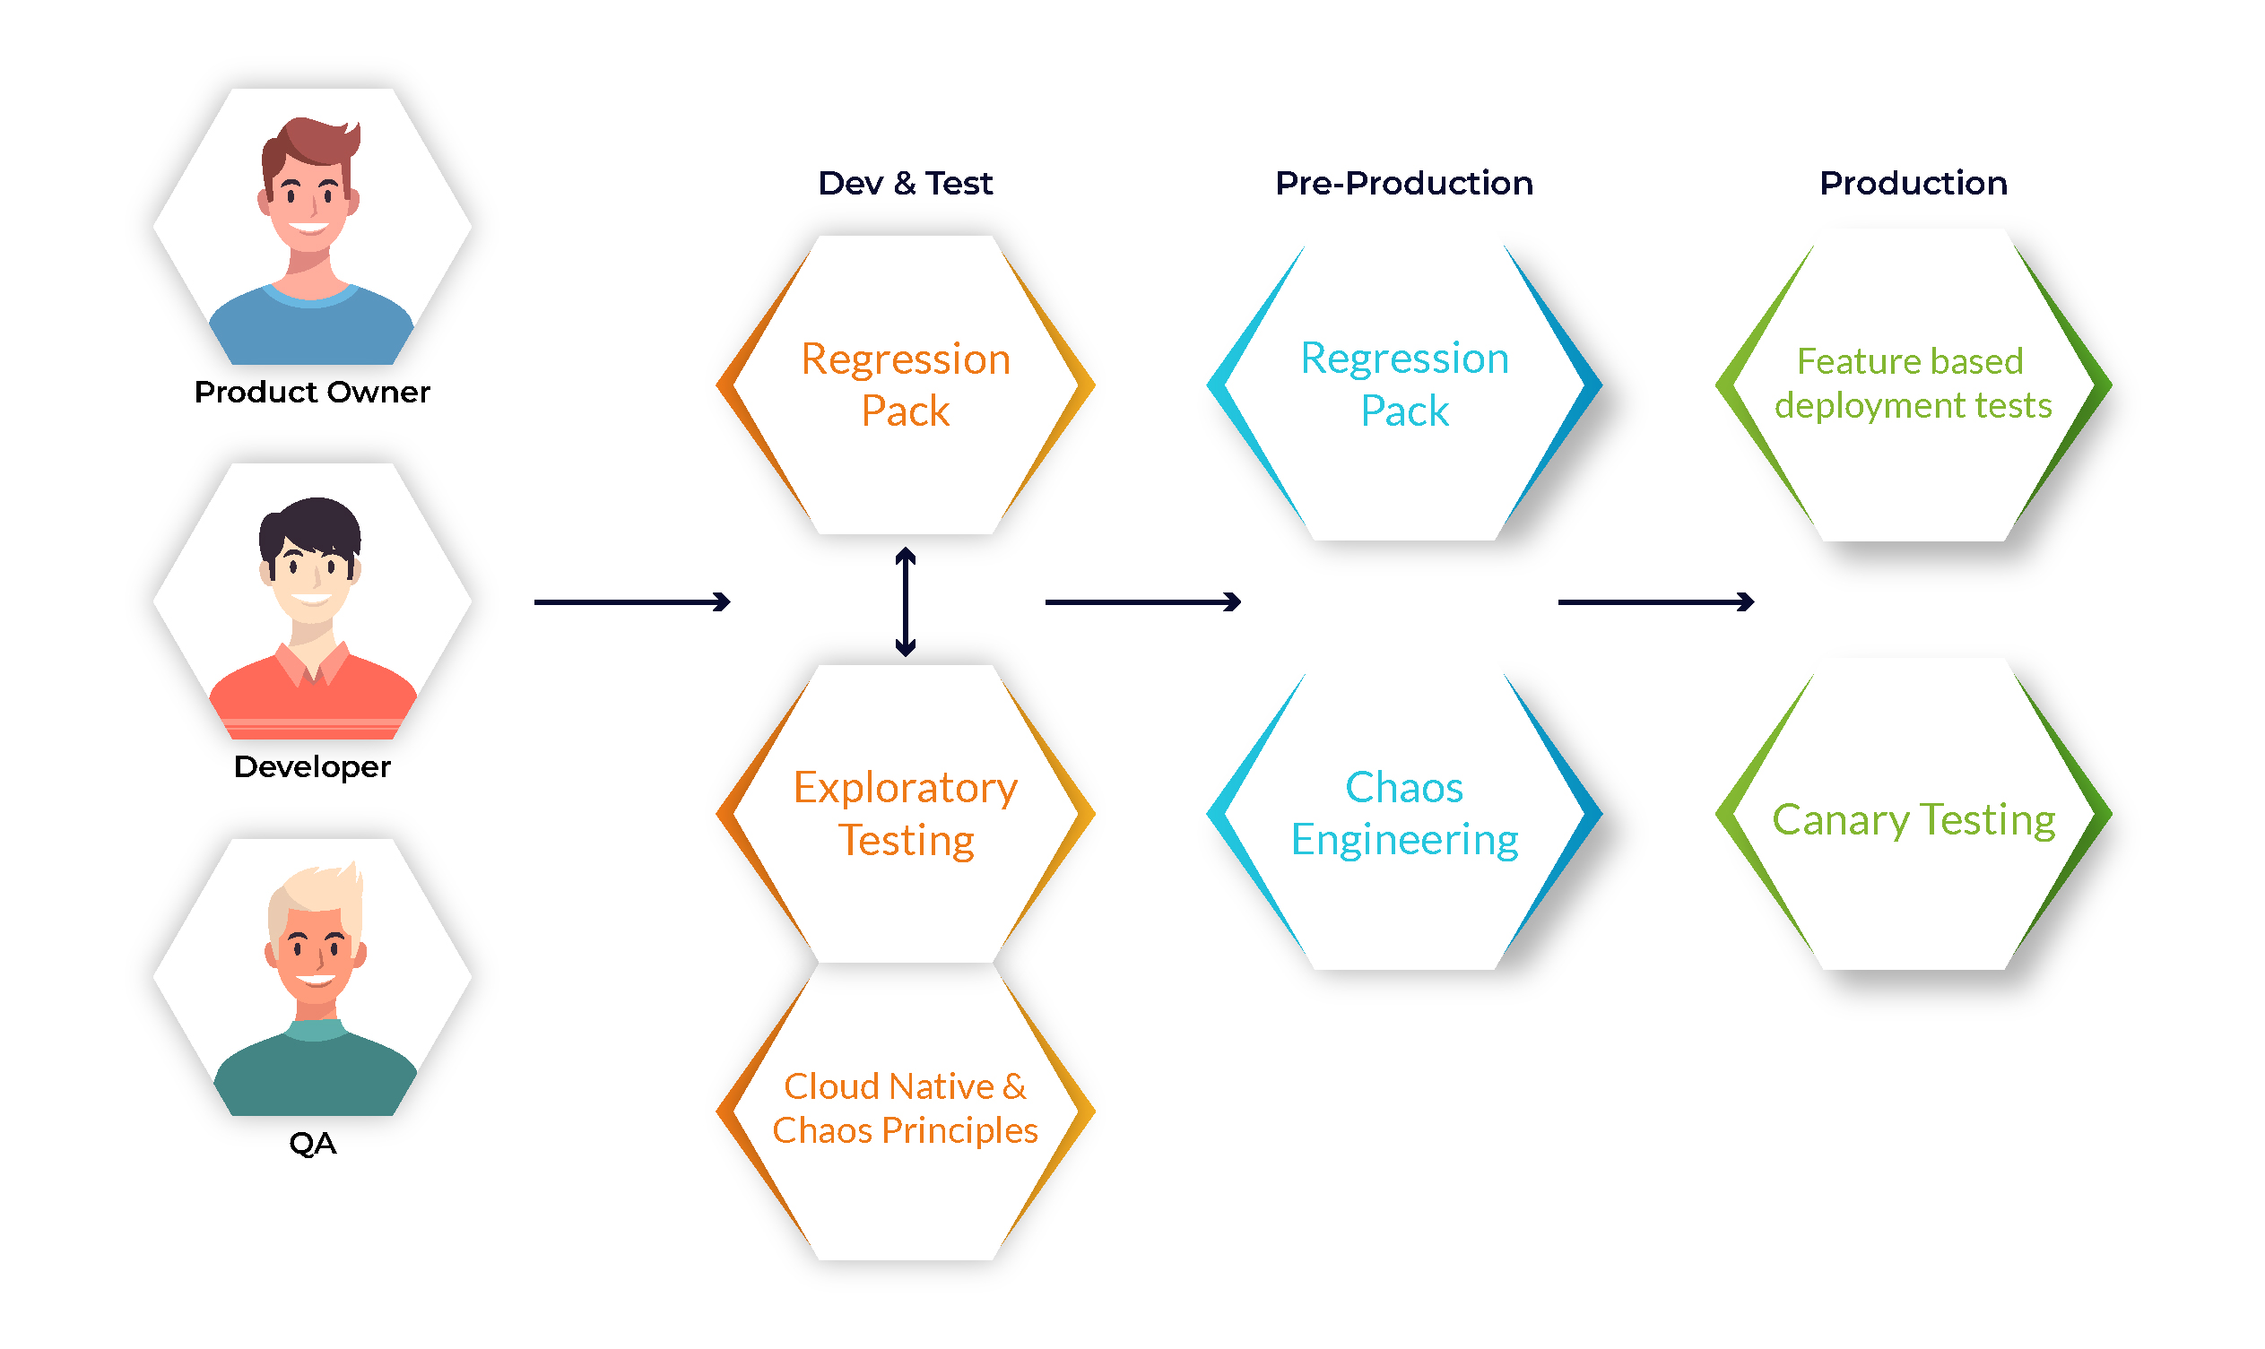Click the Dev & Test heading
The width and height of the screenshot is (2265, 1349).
pyautogui.click(x=906, y=184)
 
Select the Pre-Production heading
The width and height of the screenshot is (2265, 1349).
pyautogui.click(x=1405, y=184)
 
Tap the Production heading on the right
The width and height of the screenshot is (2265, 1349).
pyautogui.click(x=1914, y=184)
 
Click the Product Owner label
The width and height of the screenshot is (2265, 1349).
pyautogui.click(x=312, y=393)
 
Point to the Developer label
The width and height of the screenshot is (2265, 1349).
pyautogui.click(x=312, y=767)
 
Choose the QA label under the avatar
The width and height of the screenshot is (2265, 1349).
pyautogui.click(x=313, y=1144)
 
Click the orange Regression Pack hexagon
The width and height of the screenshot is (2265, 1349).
pyautogui.click(x=906, y=385)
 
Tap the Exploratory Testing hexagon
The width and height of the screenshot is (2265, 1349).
pyautogui.click(x=906, y=814)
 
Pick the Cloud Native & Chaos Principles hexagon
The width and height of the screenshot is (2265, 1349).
pyautogui.click(x=906, y=1111)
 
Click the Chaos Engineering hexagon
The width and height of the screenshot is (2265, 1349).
pyautogui.click(x=1405, y=817)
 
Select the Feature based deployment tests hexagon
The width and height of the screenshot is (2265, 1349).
pyautogui.click(x=1914, y=385)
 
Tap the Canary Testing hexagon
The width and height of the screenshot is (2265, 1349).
pyautogui.click(x=1914, y=815)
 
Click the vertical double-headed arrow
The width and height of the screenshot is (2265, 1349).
pyautogui.click(x=906, y=601)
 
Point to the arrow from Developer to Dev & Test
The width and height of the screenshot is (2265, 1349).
pyautogui.click(x=633, y=601)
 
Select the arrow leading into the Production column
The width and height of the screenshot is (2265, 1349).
pyautogui.click(x=1657, y=601)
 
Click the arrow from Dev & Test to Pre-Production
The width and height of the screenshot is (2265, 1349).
pyautogui.click(x=1144, y=601)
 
